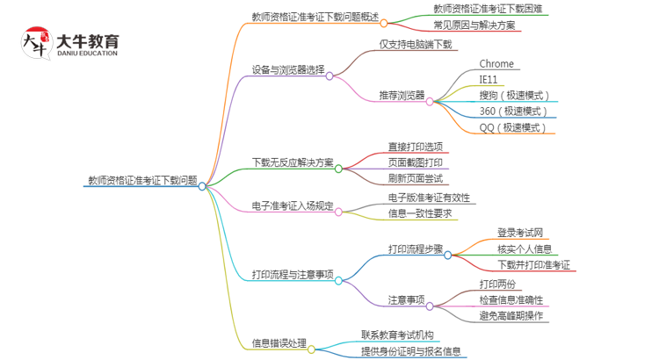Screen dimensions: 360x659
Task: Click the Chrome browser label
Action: [x=496, y=64]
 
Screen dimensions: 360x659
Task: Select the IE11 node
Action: [x=489, y=79]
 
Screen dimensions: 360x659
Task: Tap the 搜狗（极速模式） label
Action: [x=514, y=95]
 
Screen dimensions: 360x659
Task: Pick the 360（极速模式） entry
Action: [x=514, y=111]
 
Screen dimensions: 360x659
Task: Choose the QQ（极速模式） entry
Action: [x=513, y=127]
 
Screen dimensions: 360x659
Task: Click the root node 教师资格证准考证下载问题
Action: [x=141, y=180]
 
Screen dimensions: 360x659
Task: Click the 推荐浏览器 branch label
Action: [x=402, y=95]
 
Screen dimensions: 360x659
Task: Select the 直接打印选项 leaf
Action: [x=415, y=146]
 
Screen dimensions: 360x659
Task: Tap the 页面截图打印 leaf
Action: [x=415, y=162]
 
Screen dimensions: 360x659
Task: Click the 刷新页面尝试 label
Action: [x=415, y=178]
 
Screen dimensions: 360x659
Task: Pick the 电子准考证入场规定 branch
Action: [x=293, y=206]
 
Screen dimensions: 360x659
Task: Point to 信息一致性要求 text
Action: [x=420, y=212]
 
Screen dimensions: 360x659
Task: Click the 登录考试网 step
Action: [x=520, y=233]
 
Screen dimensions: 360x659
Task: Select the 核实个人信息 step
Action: [x=525, y=248]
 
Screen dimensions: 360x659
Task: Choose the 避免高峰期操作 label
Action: [x=511, y=315]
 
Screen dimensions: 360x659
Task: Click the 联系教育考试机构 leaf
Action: [x=397, y=335]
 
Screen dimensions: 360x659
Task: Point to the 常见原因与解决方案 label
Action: [x=475, y=25]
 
